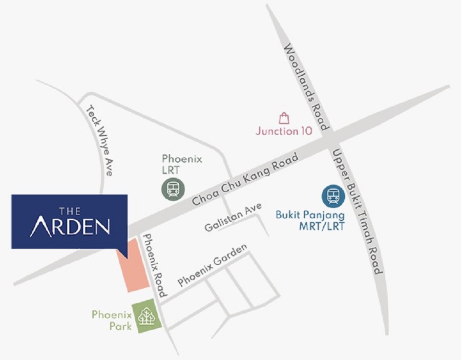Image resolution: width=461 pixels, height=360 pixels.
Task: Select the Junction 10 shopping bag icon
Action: [x=284, y=118]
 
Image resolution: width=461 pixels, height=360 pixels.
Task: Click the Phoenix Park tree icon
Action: [x=146, y=315]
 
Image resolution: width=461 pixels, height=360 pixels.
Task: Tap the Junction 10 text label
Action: [x=284, y=131]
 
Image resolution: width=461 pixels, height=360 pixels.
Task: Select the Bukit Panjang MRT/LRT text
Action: [x=310, y=220]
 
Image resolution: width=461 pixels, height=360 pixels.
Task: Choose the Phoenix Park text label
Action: [x=112, y=321]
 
